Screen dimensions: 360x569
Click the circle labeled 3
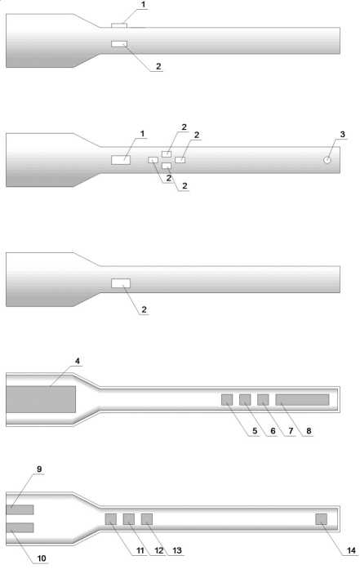[327, 160]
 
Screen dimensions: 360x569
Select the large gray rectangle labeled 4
[41, 399]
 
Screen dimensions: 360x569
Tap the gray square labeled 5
[227, 399]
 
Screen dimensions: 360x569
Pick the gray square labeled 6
[245, 399]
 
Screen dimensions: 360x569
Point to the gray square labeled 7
[263, 399]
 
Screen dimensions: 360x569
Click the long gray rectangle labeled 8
[302, 399]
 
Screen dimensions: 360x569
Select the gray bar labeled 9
[20, 509]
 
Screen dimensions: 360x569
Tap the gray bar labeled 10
[20, 527]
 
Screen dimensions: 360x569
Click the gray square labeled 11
[111, 519]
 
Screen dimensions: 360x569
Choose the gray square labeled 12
[129, 519]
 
